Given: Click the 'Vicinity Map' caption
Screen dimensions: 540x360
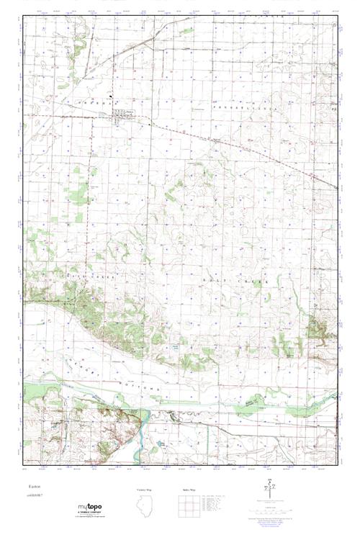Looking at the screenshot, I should (x=148, y=490).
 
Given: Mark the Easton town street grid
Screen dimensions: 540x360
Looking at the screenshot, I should (x=122, y=117).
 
